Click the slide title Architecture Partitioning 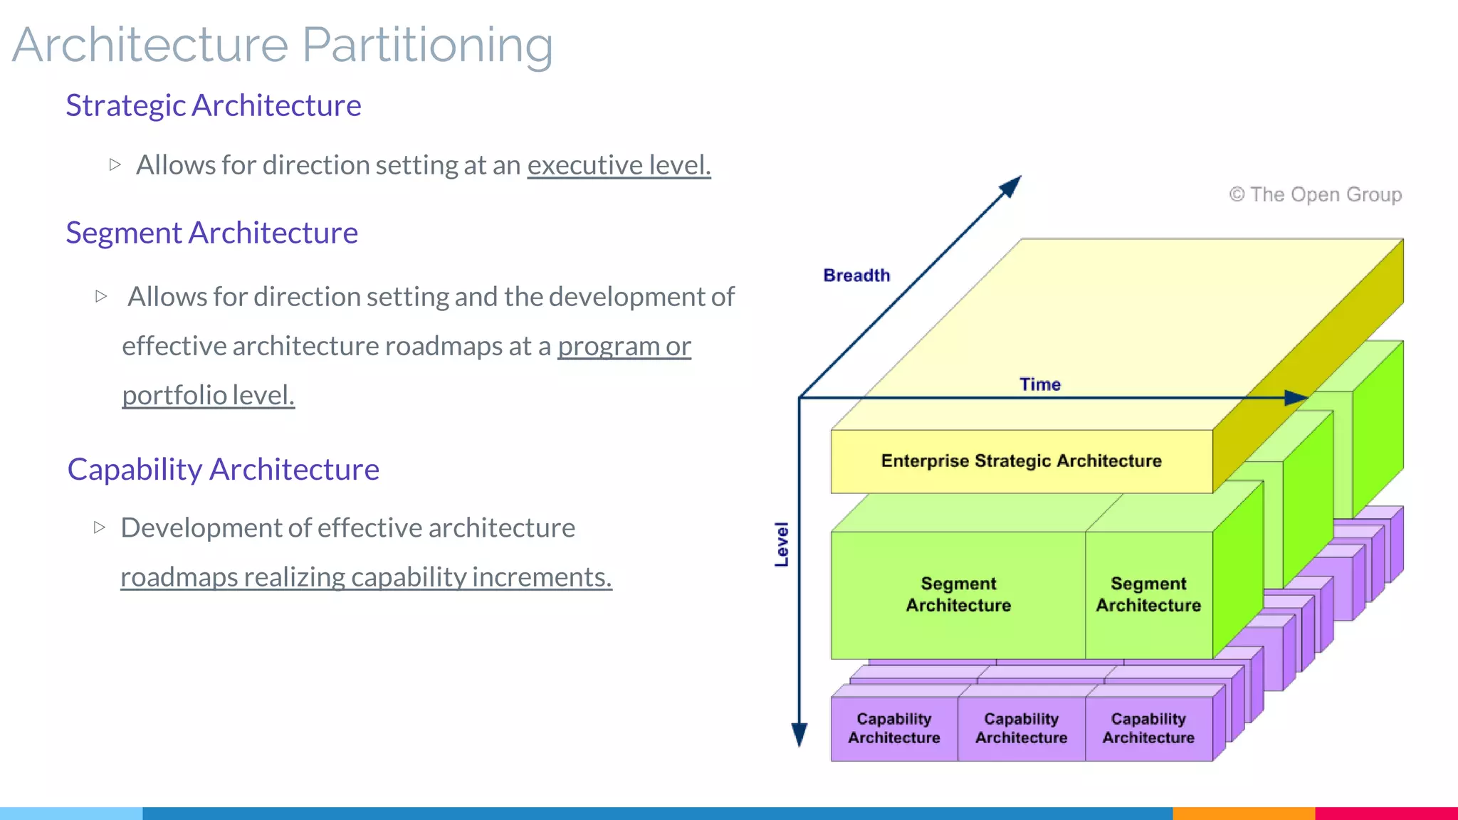283,46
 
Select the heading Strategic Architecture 214,105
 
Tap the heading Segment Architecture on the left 211,233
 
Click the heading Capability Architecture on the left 223,469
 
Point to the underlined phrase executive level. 619,165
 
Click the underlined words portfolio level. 208,395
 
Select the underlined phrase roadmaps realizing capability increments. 366,577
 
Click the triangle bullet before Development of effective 100,527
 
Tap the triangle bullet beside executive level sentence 115,164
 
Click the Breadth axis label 856,275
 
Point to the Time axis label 1039,384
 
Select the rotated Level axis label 782,545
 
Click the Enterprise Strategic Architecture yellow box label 1021,461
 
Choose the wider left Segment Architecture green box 958,594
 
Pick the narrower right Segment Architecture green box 1148,594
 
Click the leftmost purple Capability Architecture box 893,728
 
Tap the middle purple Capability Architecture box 1021,728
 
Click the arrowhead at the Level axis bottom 799,734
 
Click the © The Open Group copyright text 1315,194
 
